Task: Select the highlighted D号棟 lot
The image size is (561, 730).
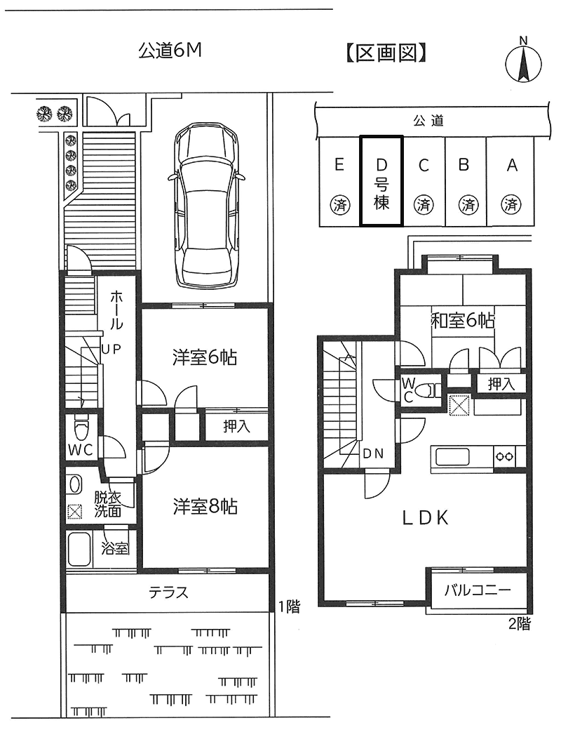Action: [381, 181]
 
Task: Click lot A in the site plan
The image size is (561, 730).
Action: [511, 182]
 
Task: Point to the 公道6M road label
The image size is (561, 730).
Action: [170, 51]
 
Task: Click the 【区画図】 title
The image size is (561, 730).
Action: [386, 53]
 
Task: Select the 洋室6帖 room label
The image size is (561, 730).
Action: [204, 357]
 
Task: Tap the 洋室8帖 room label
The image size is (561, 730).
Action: [205, 506]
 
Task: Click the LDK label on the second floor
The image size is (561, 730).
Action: [425, 518]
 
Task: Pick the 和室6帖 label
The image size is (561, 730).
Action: [463, 320]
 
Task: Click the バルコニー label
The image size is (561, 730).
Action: [478, 590]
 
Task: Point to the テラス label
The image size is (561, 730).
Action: [168, 592]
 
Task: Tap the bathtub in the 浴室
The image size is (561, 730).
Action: [79, 550]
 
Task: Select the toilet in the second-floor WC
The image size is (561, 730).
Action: [427, 390]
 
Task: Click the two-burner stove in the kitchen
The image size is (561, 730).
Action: [504, 456]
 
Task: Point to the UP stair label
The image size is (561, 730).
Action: [111, 349]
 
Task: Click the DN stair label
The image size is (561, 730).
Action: [373, 453]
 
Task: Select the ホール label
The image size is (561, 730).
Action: [116, 310]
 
